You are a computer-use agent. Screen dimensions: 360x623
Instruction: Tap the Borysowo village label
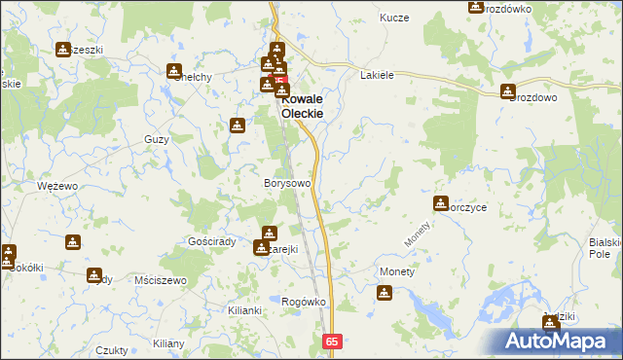[287, 183]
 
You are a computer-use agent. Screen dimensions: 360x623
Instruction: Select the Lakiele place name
[377, 75]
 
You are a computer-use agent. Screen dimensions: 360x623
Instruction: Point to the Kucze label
[394, 18]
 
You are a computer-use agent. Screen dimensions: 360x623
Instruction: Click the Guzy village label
[156, 139]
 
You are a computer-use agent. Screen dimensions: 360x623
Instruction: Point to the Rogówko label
[303, 302]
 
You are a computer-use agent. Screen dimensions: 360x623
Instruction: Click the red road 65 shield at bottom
[332, 342]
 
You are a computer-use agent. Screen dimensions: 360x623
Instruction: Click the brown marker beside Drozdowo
[508, 92]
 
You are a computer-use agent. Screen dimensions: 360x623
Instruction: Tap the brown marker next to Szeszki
[63, 50]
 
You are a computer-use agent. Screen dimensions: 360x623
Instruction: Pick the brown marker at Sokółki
[8, 254]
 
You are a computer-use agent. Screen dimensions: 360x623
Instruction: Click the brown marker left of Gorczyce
[440, 203]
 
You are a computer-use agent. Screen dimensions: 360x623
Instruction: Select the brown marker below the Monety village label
[385, 292]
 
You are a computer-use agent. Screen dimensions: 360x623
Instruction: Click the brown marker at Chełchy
[174, 72]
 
